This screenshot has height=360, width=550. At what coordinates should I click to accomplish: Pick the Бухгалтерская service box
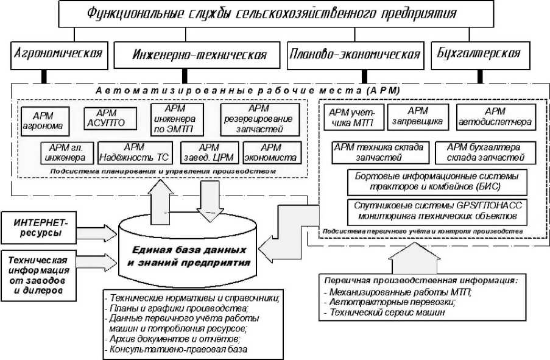click(x=479, y=53)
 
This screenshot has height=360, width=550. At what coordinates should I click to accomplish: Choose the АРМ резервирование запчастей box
click(x=260, y=119)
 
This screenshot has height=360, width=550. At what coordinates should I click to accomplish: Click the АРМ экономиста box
click(x=270, y=152)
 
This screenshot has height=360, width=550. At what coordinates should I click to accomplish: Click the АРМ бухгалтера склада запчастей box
click(x=485, y=152)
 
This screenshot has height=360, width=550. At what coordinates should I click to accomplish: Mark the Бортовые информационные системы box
click(x=435, y=181)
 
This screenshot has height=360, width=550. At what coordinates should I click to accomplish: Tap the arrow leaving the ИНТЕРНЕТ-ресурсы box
click(x=98, y=230)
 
